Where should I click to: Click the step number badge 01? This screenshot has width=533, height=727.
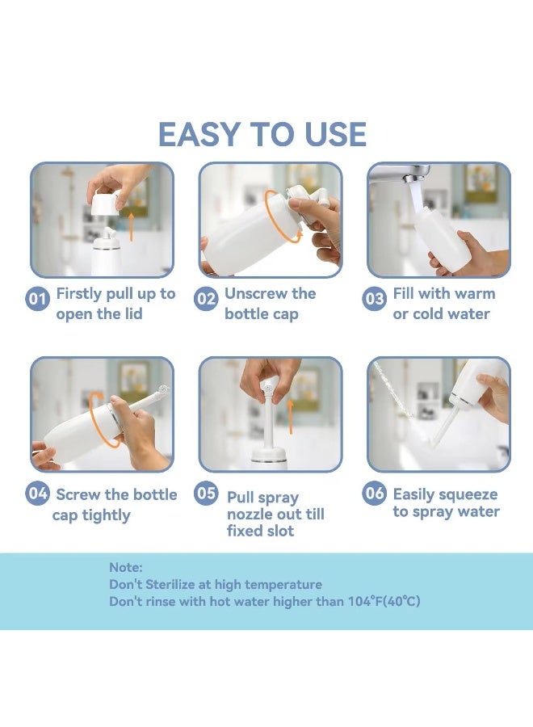37,299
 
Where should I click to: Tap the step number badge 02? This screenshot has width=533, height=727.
205,299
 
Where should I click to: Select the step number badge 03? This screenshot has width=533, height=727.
374,299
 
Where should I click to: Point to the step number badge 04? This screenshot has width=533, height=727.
37,493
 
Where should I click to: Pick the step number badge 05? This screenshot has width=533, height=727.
205,493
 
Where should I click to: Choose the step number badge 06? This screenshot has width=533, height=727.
374,493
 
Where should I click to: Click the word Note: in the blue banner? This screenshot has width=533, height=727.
126,568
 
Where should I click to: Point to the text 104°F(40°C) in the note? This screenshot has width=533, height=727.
384,601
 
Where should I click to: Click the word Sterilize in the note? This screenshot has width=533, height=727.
170,584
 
